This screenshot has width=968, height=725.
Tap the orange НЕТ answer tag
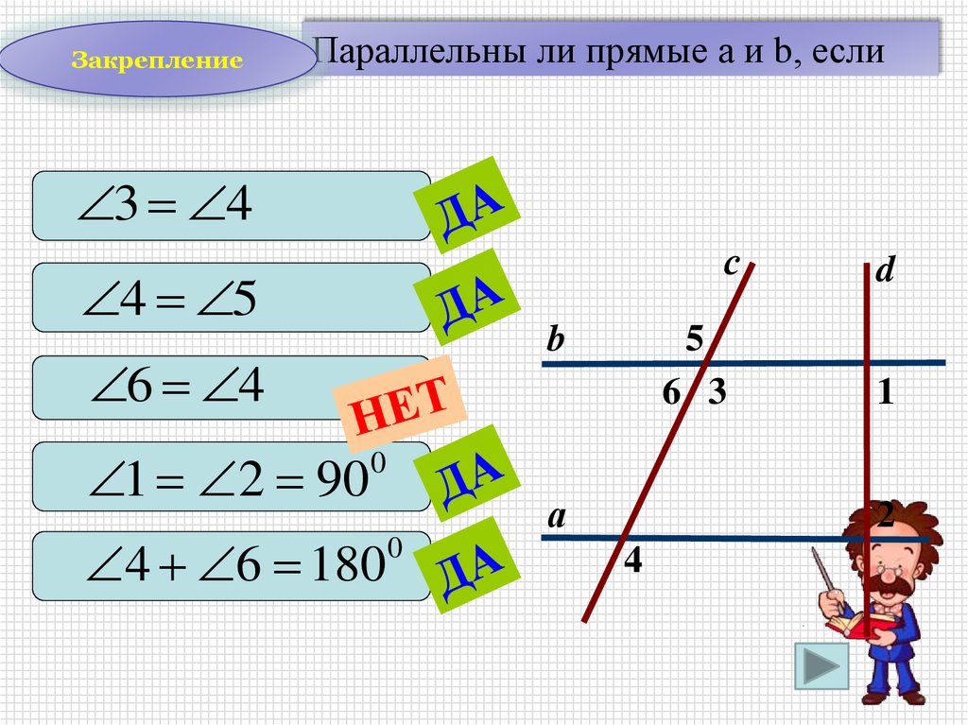click(401, 405)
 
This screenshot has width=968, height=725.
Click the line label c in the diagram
click(731, 266)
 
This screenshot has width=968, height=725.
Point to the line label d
click(884, 272)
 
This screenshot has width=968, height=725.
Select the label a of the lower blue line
click(556, 516)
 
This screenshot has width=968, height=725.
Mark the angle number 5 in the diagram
click(695, 338)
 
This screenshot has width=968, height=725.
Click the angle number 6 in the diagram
click(670, 394)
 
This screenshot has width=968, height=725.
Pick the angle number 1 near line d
click(885, 393)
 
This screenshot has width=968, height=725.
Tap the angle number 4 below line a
click(632, 561)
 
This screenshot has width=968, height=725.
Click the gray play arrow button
click(820, 668)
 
